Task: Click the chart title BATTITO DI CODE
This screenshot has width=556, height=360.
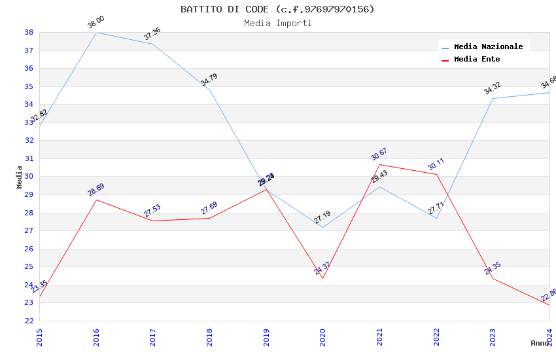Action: (x=277, y=9)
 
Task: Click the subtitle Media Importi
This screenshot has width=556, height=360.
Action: (x=277, y=23)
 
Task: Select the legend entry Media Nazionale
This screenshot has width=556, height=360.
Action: (x=488, y=47)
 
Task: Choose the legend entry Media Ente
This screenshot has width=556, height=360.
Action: (x=477, y=59)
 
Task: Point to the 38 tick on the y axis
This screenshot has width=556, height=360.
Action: (x=29, y=32)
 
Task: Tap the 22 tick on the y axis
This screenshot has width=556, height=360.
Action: (x=29, y=321)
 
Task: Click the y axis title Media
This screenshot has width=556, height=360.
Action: (x=20, y=177)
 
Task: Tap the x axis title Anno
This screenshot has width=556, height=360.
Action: (x=540, y=343)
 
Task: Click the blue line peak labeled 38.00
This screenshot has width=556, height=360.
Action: (x=96, y=32)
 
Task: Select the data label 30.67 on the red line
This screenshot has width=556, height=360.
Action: (x=379, y=154)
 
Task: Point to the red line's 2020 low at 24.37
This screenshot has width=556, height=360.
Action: (x=322, y=278)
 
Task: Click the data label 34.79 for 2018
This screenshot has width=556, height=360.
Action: (x=209, y=80)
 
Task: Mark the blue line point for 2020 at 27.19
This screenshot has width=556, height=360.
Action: (x=322, y=227)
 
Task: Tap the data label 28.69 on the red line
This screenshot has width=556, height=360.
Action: (x=96, y=190)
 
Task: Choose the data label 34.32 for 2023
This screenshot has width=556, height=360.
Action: (x=493, y=88)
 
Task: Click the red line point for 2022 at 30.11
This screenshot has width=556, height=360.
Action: (x=436, y=174)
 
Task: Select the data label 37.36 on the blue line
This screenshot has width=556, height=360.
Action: (x=152, y=34)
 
